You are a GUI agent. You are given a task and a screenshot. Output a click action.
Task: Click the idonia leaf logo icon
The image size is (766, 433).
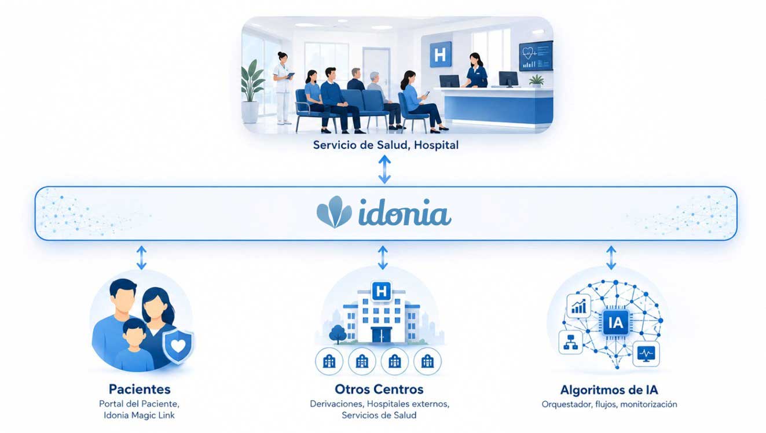(334, 212)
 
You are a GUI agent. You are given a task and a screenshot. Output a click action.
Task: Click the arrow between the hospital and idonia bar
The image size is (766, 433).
(384, 169)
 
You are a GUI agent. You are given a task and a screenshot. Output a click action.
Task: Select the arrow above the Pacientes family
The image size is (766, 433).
(141, 258)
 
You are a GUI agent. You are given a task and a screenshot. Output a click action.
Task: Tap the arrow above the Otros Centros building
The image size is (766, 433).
(383, 258)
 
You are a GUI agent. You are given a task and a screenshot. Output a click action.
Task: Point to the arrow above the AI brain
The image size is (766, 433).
(611, 258)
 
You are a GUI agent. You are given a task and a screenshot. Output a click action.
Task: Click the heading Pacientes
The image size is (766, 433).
(140, 389)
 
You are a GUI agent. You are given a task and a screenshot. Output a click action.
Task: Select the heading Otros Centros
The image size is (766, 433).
(379, 389)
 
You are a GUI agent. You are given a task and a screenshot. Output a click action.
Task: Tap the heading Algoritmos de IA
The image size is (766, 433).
(609, 390)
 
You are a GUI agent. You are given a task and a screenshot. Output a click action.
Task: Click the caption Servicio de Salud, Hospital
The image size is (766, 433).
(386, 145)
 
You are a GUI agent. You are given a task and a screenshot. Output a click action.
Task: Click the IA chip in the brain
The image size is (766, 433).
(615, 322)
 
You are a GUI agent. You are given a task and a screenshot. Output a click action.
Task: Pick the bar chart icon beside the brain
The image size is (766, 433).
(578, 306)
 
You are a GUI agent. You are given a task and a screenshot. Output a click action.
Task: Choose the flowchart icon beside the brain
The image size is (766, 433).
(570, 342)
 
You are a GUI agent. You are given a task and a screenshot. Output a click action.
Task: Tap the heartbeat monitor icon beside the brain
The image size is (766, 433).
(646, 354)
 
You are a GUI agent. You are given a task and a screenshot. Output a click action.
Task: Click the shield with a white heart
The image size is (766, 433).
(178, 346)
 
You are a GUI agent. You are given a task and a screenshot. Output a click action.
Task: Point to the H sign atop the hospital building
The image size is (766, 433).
(382, 291)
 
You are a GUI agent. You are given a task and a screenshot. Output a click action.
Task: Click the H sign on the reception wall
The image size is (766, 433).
(441, 54)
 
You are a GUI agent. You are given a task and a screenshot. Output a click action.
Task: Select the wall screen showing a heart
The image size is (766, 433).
(536, 56)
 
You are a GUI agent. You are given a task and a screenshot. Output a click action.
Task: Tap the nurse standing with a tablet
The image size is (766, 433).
(283, 87)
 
